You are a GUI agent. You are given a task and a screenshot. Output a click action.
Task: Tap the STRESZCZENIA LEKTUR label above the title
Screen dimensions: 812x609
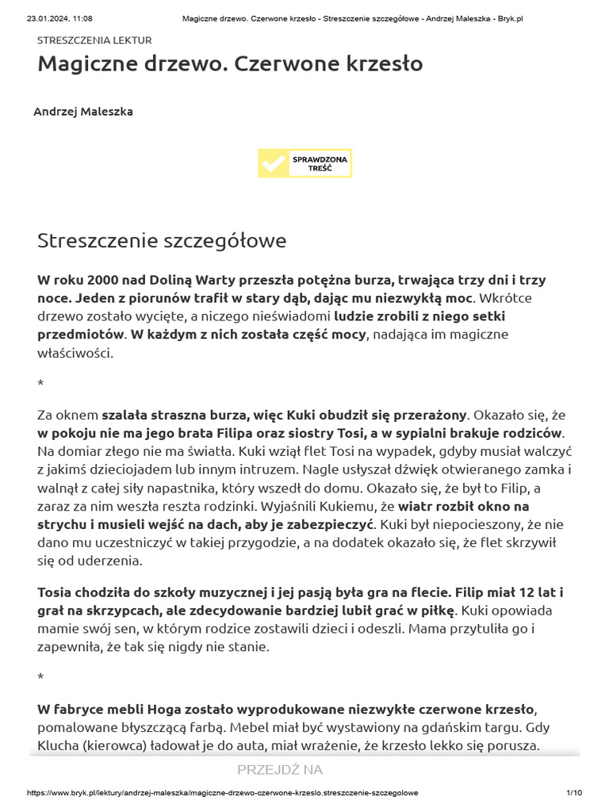pos(94,40)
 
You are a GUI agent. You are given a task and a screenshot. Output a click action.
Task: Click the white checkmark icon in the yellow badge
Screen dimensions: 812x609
pos(274,163)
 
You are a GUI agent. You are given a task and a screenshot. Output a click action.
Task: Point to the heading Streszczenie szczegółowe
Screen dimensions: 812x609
pos(162,240)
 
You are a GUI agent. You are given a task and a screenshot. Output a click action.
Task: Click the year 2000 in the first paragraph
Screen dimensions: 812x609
pos(103,280)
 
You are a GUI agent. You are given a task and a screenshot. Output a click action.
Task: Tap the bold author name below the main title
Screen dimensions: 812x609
pos(83,112)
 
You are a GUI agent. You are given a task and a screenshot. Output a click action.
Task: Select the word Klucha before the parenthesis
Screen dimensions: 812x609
pos(59,745)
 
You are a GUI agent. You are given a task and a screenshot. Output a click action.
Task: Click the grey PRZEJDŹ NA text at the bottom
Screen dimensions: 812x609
pos(280,770)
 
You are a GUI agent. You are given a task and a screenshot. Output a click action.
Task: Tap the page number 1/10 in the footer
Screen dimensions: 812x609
pos(574,793)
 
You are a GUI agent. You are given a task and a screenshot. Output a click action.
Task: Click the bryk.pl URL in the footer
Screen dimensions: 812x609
pos(222,793)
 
